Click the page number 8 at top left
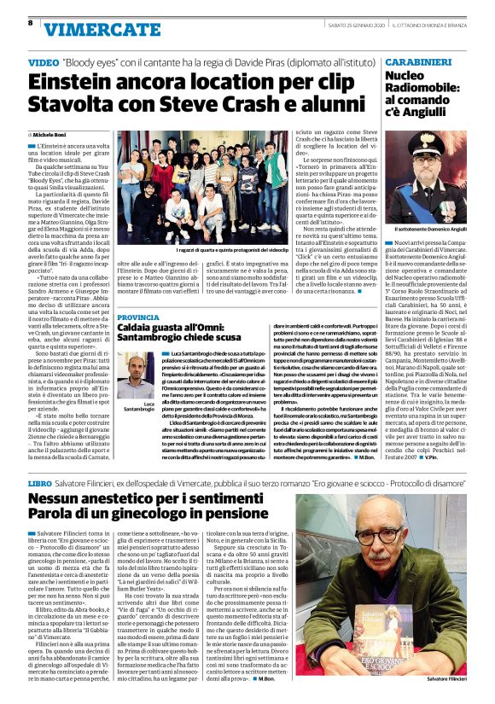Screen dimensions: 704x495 click(x=31, y=23)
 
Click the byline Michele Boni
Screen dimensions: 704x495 click(x=53, y=135)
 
